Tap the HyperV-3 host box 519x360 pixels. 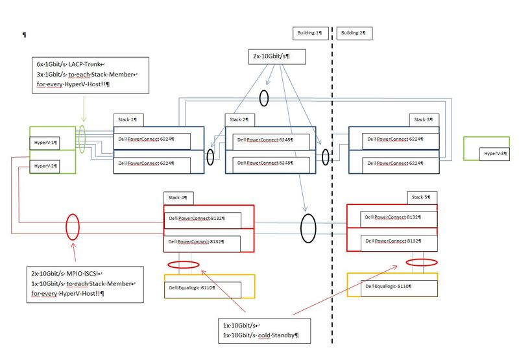(x=495, y=153)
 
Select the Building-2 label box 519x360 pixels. (x=356, y=32)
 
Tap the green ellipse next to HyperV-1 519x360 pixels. (x=83, y=139)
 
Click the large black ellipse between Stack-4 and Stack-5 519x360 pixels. (x=308, y=229)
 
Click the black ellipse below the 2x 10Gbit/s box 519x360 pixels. (x=263, y=98)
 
